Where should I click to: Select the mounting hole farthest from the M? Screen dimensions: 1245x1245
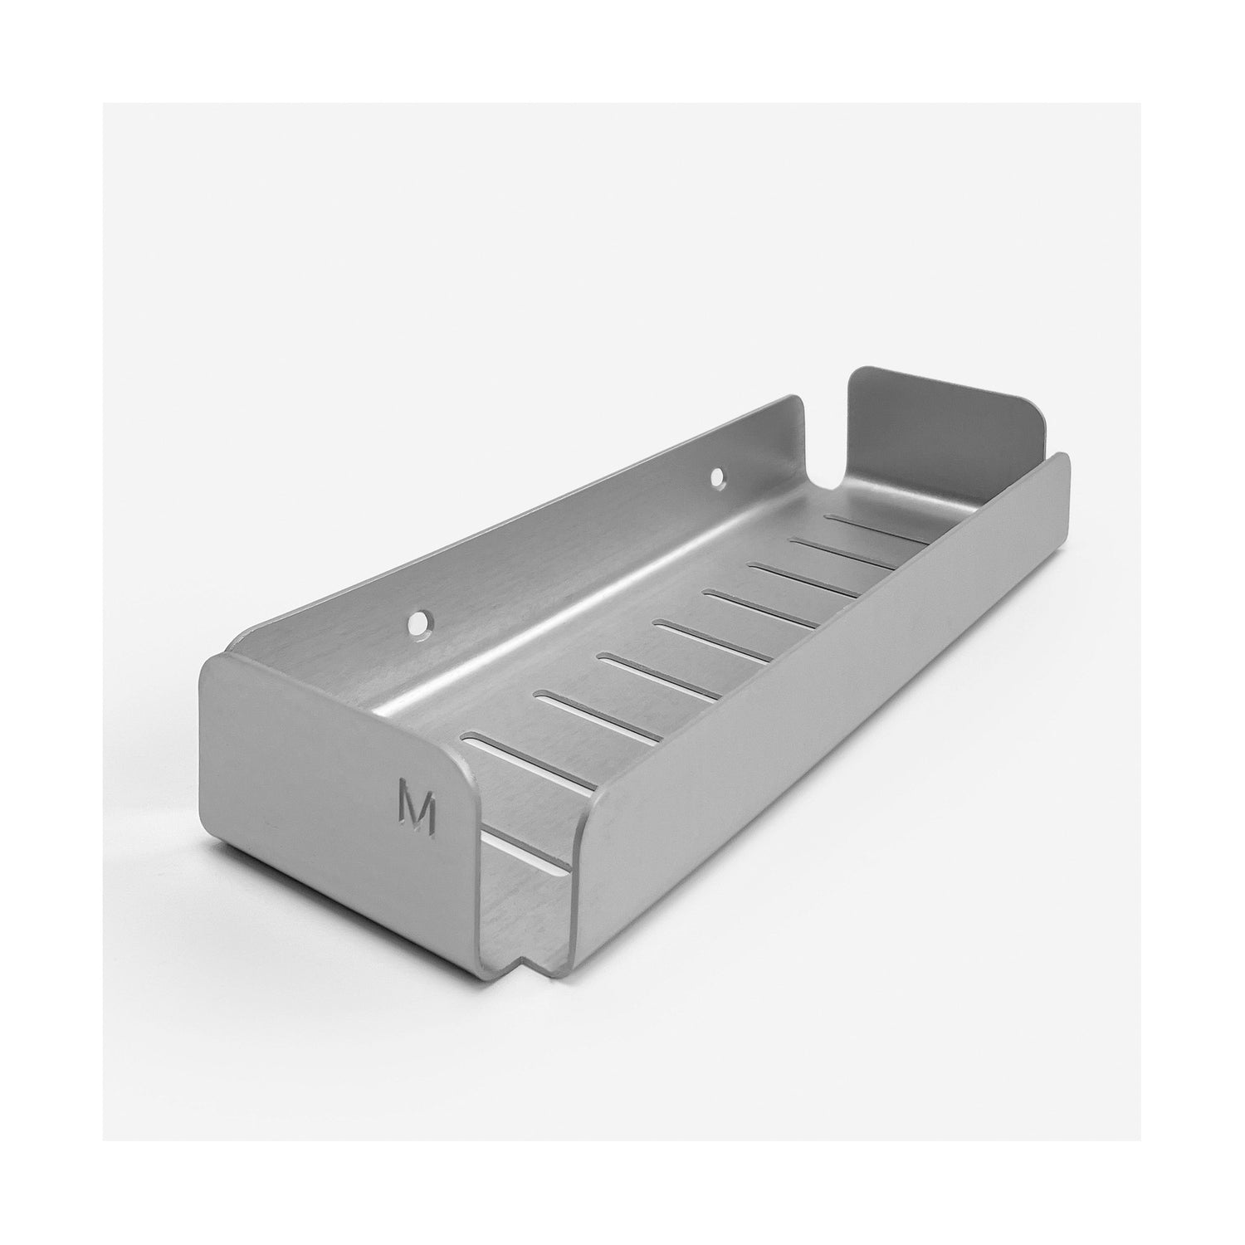717,479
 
